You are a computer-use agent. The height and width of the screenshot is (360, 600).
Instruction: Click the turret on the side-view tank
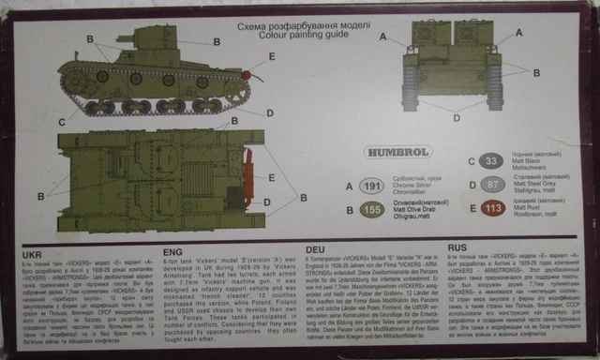(x=145, y=42)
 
